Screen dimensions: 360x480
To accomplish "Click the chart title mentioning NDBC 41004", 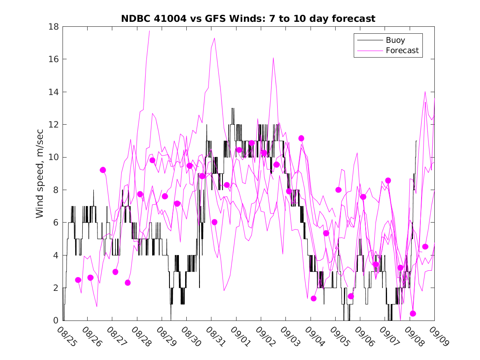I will tap(248, 19).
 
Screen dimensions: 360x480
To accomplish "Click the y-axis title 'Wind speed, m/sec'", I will tap(40, 174).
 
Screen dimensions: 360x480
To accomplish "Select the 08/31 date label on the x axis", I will tap(214, 337).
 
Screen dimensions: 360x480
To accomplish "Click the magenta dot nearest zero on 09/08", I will tap(413, 314).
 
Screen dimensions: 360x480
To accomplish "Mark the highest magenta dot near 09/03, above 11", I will tap(301, 138).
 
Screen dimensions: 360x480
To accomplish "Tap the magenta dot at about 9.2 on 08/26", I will tap(103, 170).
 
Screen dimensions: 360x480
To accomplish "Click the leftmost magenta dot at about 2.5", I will tap(78, 280).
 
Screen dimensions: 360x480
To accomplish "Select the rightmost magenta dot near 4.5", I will tap(425, 246).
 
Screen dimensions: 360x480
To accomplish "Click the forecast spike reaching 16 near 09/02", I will tap(273, 58).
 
